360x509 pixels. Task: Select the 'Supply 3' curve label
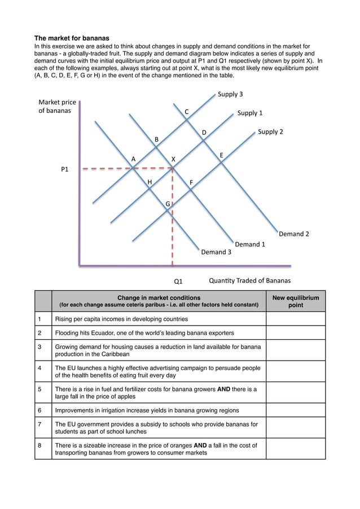point(230,94)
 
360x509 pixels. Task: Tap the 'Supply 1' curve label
point(250,113)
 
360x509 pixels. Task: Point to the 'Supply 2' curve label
point(270,132)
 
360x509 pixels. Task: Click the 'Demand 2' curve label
point(293,234)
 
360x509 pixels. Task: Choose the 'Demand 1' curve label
point(250,244)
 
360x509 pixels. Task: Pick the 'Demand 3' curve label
point(216,252)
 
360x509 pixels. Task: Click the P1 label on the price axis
point(65,169)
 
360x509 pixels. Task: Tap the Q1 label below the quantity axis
point(178,280)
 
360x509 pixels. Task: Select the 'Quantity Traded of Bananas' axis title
point(249,280)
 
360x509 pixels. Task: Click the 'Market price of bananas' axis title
point(57,107)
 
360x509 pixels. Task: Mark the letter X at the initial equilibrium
point(173,160)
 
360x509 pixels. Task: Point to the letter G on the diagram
point(168,203)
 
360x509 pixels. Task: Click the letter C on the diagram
point(187,112)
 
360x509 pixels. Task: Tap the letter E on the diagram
point(221,155)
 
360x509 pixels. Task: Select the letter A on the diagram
point(133,159)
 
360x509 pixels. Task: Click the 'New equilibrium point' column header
point(295,301)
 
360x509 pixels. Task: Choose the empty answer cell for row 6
point(295,410)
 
